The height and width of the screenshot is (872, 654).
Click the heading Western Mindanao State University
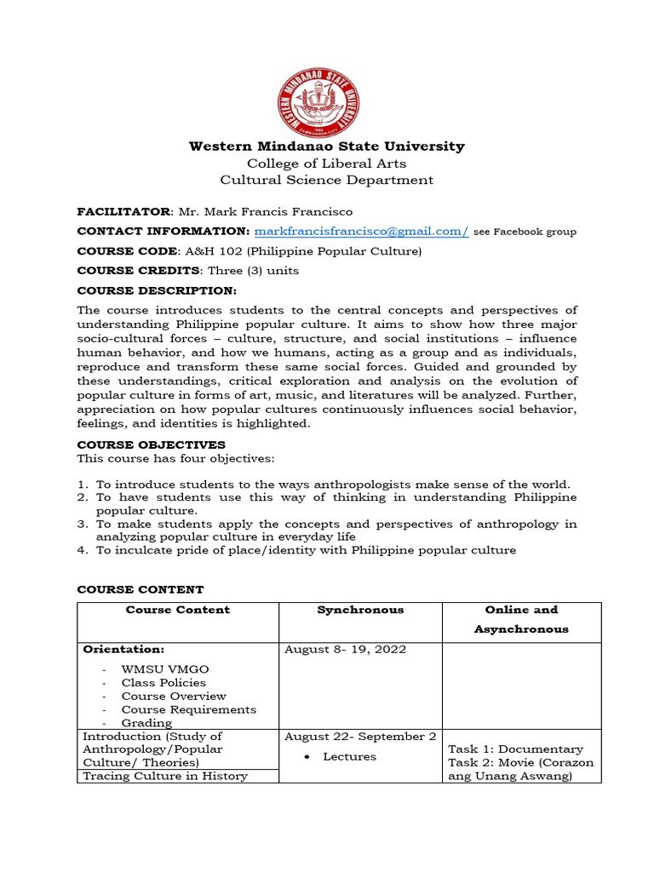point(326,146)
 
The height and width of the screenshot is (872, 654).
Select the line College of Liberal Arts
point(326,163)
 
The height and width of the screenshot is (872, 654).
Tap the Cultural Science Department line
point(326,181)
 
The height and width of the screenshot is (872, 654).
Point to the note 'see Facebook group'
point(525,232)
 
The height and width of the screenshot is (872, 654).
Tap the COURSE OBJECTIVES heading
point(151,445)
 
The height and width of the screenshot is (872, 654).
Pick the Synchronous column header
point(360,610)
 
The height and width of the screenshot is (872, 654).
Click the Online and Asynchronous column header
point(521,619)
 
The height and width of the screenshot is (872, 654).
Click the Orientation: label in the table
point(123,649)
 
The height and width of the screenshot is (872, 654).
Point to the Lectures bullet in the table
point(349,756)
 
